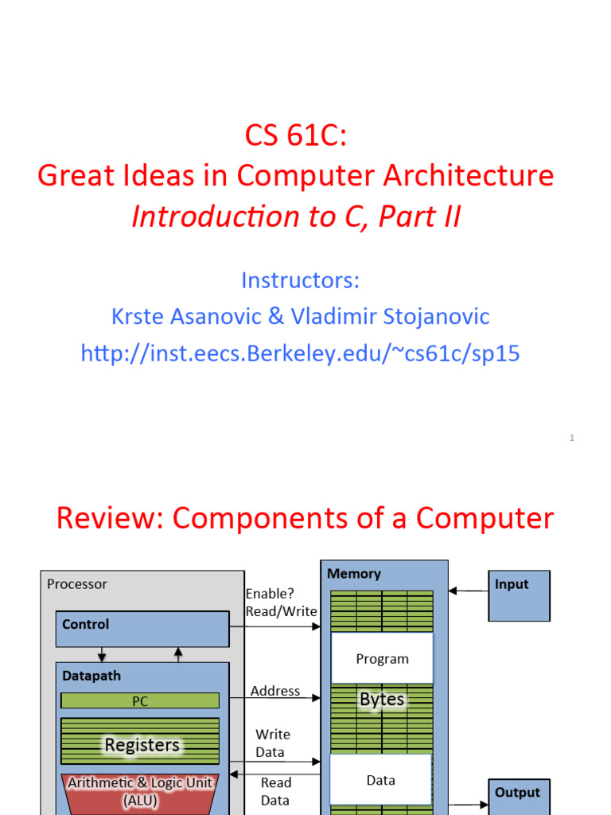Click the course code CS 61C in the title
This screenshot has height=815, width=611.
[x=295, y=135]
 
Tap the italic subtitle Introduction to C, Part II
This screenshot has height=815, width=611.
[x=296, y=216]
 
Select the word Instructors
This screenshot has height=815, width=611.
[x=300, y=280]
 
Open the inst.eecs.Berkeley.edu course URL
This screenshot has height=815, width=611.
[x=300, y=353]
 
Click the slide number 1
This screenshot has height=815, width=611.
[x=571, y=438]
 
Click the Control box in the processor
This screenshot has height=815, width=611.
[x=142, y=628]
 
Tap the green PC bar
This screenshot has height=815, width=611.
[x=140, y=701]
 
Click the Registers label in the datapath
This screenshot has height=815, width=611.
[x=142, y=745]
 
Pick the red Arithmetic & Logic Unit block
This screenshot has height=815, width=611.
[x=139, y=791]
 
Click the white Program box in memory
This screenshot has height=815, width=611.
[x=382, y=659]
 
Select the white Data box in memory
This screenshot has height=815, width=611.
[x=381, y=780]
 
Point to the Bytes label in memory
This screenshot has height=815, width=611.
[x=382, y=700]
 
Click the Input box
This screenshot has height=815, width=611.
[x=519, y=595]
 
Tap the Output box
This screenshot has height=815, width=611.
[x=519, y=797]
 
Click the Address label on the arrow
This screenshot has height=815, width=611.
[x=275, y=691]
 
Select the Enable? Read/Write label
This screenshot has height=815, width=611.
[x=281, y=602]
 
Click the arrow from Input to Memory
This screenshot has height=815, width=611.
[x=468, y=591]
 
